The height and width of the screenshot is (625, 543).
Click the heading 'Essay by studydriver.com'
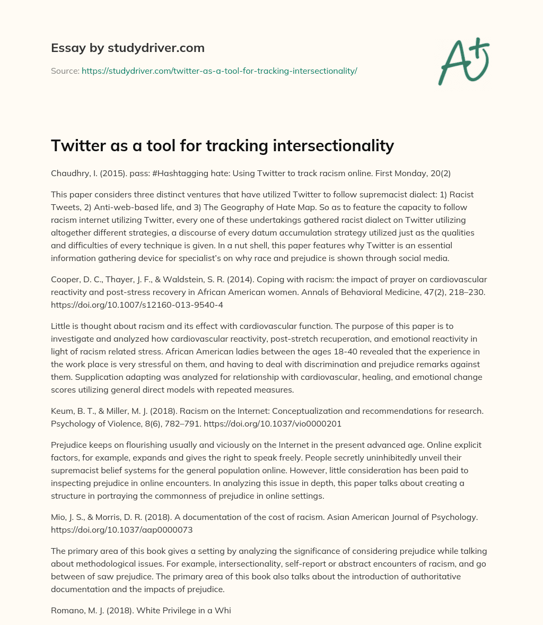point(127,48)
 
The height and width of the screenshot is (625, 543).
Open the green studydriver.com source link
point(219,71)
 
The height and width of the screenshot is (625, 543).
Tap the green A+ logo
point(463,61)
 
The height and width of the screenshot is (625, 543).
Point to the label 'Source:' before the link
point(65,71)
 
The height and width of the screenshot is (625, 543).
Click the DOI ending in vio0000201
point(273,424)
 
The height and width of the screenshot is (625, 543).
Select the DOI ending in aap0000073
point(121,529)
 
